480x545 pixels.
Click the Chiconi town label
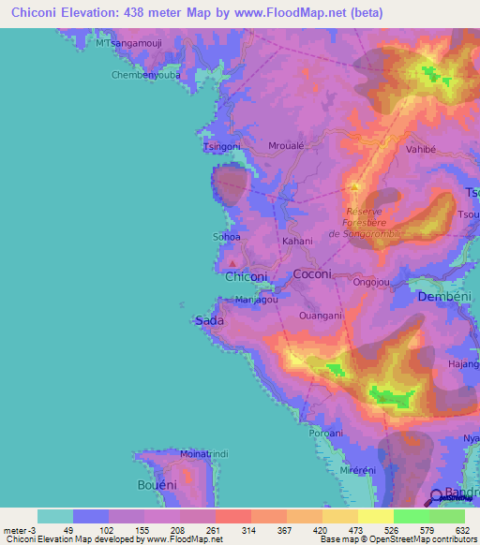tap(247, 276)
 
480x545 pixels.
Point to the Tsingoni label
tap(221, 147)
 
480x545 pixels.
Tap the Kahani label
tap(296, 241)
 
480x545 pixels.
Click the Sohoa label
tap(228, 236)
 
